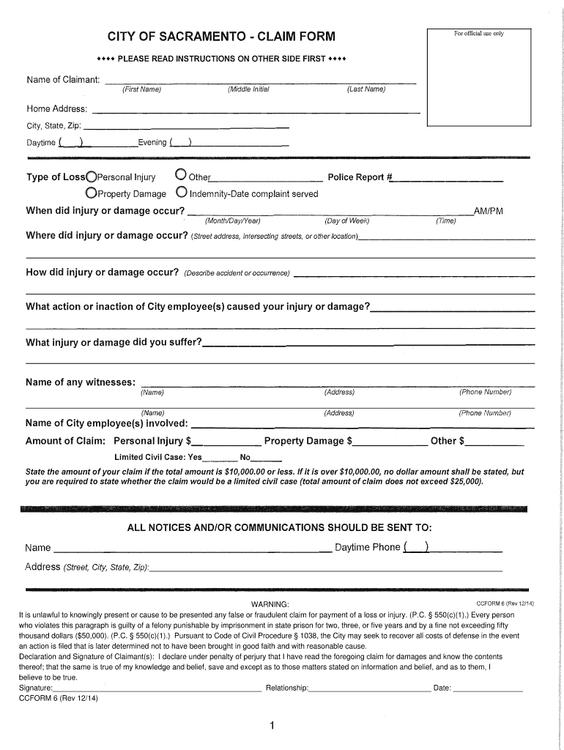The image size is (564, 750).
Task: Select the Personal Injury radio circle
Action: coord(92,177)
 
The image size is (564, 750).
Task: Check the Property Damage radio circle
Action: coord(92,193)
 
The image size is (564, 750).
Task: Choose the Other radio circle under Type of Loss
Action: coord(181,176)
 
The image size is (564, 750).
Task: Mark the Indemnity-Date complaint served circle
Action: coord(181,193)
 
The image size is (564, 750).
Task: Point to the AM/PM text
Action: coord(489,211)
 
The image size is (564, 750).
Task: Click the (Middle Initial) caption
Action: coord(248,89)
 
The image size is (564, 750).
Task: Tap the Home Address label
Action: coord(57,109)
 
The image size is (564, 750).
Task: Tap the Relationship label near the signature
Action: coord(287,688)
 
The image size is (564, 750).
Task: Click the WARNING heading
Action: coord(270,604)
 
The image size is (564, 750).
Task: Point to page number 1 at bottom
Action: coord(271,726)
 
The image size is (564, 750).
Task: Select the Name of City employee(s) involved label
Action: coord(107,423)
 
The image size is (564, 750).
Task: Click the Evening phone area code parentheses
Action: coord(180,142)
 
